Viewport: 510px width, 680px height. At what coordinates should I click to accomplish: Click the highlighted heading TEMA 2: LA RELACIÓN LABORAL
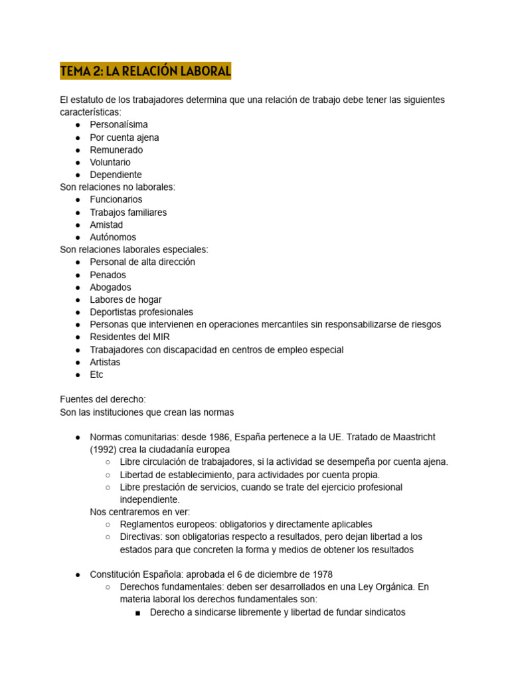(x=145, y=70)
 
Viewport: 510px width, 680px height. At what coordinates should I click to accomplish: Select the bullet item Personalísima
(x=119, y=125)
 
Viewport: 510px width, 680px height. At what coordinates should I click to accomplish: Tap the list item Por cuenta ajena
(x=124, y=137)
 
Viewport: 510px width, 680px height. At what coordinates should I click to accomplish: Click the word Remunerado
(x=116, y=150)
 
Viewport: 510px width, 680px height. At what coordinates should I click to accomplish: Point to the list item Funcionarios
(x=116, y=199)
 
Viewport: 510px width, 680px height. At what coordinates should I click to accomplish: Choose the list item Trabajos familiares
(x=128, y=212)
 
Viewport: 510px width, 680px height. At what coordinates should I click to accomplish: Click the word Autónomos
(x=113, y=237)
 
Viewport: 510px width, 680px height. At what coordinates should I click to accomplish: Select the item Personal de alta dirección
(x=143, y=262)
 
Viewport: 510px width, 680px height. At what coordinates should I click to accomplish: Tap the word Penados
(x=108, y=275)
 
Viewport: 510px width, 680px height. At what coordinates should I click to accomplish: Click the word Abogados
(x=110, y=288)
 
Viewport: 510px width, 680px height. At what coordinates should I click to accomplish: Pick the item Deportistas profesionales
(x=141, y=312)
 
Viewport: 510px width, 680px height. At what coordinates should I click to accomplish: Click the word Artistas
(x=106, y=362)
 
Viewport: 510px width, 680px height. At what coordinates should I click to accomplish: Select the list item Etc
(x=97, y=375)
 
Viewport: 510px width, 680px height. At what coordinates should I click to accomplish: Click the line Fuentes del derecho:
(x=102, y=399)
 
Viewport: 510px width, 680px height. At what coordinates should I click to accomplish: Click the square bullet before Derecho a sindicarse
(x=137, y=612)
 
